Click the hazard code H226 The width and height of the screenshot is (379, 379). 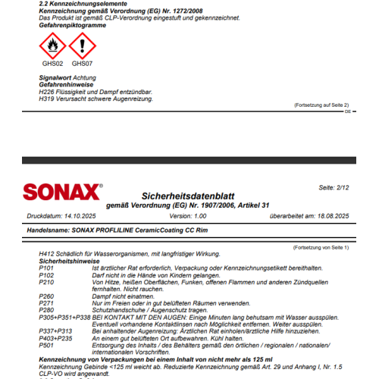click(x=46, y=92)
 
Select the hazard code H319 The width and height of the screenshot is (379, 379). click(x=46, y=99)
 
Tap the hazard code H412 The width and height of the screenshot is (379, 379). click(x=46, y=254)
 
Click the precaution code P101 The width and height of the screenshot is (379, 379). click(x=46, y=268)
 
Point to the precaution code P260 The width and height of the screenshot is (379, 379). click(x=46, y=296)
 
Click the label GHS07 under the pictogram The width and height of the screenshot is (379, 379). click(x=83, y=65)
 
